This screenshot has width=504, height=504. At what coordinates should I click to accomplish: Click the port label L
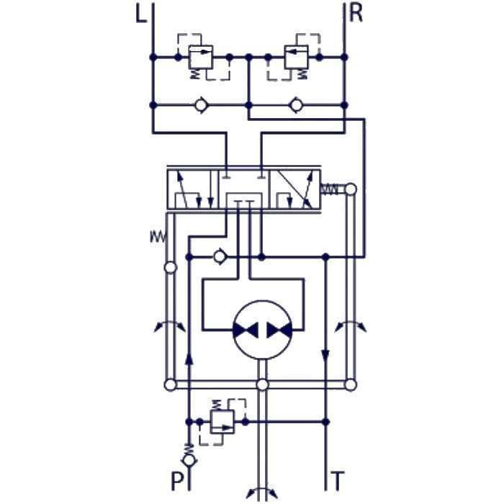(x=141, y=14)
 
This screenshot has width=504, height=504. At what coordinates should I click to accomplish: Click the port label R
(x=356, y=14)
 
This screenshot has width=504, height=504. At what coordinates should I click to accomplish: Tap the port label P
(x=177, y=480)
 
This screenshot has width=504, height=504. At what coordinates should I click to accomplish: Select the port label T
(x=338, y=480)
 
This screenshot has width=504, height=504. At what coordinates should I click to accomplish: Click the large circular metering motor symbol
(x=263, y=330)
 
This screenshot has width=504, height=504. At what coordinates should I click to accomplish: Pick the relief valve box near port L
(x=200, y=57)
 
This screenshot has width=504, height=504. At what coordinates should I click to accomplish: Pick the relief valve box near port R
(x=297, y=57)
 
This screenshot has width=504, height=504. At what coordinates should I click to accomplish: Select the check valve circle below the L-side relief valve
(x=201, y=105)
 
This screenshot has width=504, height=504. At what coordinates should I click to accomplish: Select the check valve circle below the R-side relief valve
(x=296, y=105)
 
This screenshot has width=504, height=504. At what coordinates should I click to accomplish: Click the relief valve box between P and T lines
(x=222, y=422)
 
